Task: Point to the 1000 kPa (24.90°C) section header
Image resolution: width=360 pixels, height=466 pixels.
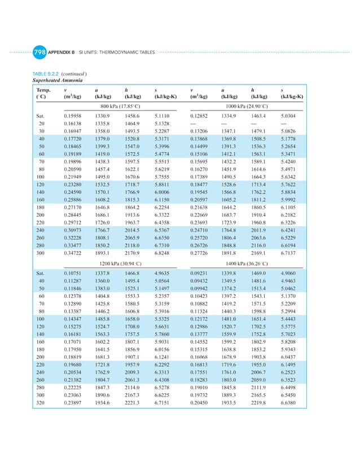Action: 246,105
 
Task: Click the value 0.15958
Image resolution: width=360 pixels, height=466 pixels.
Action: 73,115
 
